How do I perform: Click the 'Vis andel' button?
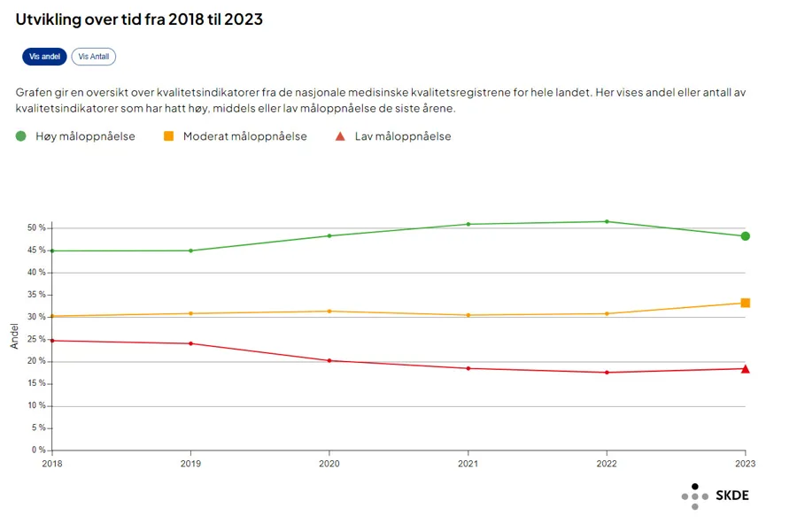44,57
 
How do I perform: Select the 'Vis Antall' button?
93,57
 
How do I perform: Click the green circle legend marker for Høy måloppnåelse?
21,136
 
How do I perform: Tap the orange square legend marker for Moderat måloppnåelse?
168,136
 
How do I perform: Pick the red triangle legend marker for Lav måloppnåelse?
340,136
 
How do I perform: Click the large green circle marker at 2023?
746,236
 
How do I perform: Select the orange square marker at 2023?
746,303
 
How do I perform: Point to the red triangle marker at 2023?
746,369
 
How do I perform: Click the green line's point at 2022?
607,221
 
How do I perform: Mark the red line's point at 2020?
329,360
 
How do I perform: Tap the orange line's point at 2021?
468,315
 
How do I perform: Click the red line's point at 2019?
190,343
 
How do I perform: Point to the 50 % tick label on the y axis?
35,227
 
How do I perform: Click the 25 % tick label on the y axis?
35,339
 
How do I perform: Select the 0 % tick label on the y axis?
38,450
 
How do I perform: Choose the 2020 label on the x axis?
329,463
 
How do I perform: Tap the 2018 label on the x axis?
52,463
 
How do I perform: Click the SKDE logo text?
731,496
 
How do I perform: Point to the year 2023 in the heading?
244,19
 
